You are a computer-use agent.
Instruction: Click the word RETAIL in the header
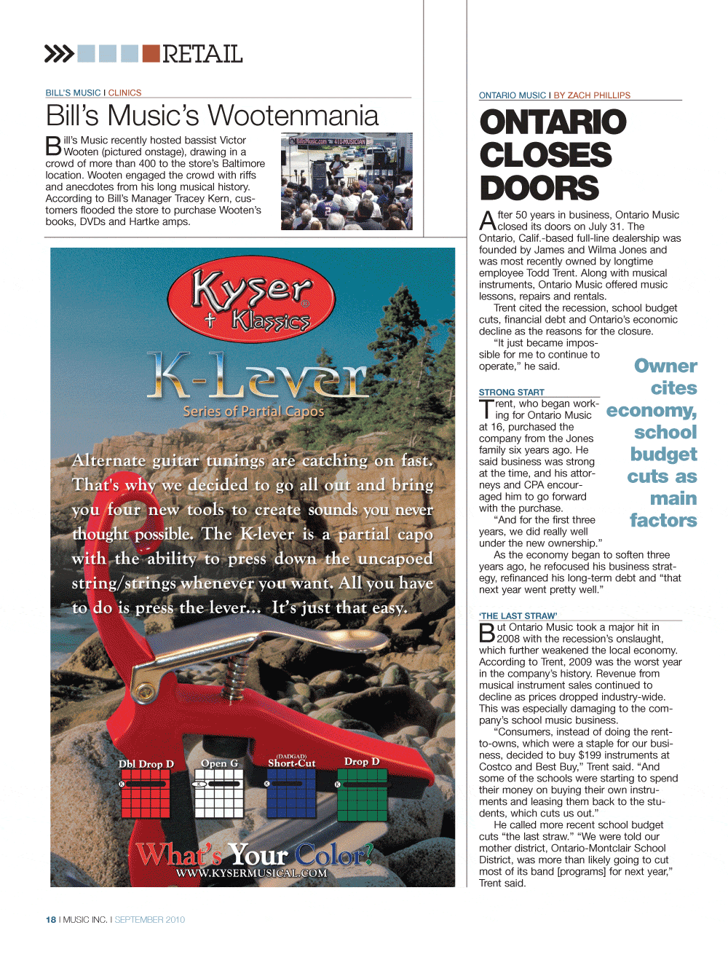point(202,54)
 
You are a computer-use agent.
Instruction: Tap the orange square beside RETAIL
point(151,53)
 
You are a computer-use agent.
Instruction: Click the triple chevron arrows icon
point(59,53)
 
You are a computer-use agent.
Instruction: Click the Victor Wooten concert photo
point(347,181)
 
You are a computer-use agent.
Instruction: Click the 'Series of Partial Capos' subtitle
point(253,412)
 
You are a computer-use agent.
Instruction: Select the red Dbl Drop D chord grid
point(146,794)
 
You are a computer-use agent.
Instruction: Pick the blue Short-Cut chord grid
point(291,794)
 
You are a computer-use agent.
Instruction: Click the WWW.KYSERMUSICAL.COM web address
point(251,873)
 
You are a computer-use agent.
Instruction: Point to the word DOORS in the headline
point(539,188)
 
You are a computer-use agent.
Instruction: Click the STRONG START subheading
point(511,392)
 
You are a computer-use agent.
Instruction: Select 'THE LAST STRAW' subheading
point(518,615)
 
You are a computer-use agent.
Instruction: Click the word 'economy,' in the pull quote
point(652,411)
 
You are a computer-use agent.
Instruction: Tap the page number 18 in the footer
point(51,920)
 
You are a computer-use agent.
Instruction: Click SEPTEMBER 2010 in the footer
point(150,920)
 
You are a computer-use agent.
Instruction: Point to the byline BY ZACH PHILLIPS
point(592,95)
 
